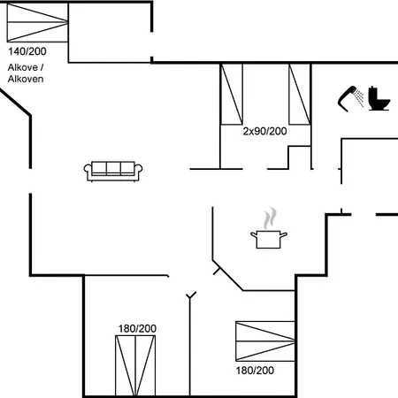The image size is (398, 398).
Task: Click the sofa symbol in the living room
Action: click(x=113, y=171)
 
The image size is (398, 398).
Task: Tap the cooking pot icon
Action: click(x=269, y=240)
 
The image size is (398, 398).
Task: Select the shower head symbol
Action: click(x=350, y=99)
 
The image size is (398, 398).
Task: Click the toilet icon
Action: click(x=379, y=98)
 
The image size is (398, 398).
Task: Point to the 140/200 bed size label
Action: click(x=27, y=51)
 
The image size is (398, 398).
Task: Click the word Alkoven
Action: click(x=26, y=79)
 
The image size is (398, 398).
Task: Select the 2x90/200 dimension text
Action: click(x=264, y=131)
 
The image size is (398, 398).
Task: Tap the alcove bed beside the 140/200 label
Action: click(x=37, y=22)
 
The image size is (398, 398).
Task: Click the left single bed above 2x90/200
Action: click(x=232, y=94)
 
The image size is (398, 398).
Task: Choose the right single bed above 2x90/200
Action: click(x=300, y=94)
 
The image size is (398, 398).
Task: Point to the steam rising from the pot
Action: click(x=270, y=218)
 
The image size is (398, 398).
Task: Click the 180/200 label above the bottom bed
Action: click(x=137, y=328)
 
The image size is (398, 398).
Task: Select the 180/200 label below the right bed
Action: click(x=255, y=371)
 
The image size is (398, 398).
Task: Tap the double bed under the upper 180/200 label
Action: click(x=135, y=365)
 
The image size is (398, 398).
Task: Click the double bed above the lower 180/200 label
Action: click(x=265, y=341)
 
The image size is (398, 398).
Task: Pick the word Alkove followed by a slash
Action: click(x=26, y=67)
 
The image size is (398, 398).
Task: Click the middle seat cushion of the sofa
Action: click(x=113, y=168)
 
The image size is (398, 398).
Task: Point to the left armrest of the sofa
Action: click(x=88, y=169)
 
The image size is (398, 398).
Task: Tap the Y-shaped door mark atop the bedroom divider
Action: click(x=191, y=295)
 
